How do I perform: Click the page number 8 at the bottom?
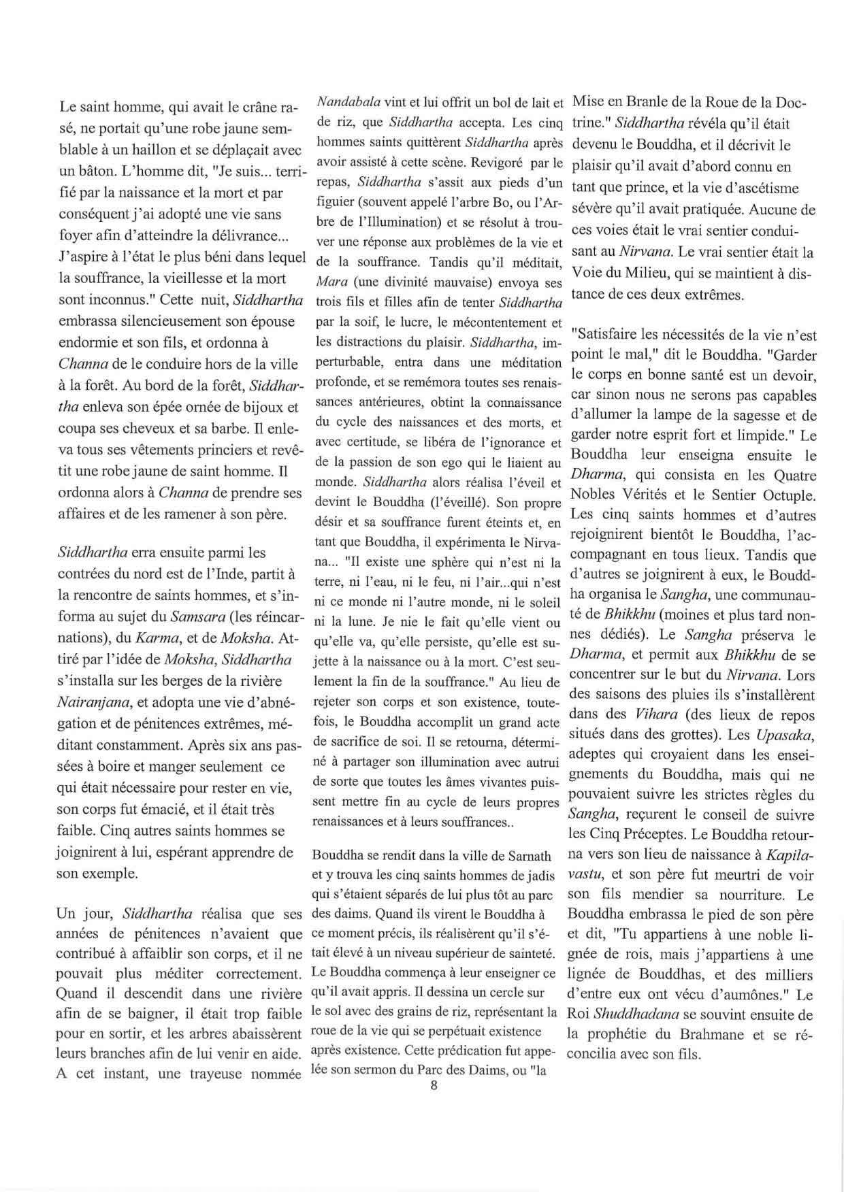[x=434, y=1086]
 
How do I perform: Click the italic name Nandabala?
[x=347, y=103]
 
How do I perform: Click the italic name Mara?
[x=332, y=282]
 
